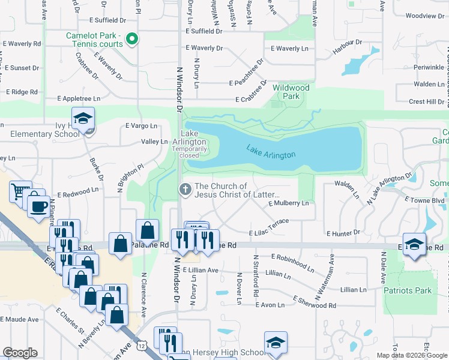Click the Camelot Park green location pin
coord(134,41)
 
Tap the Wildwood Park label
coord(291,92)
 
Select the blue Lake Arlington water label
coord(271,151)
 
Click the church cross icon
coord(185,190)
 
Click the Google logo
coord(20,353)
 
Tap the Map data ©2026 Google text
coord(411,355)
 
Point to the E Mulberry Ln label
coord(289,203)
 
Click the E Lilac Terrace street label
coord(270,222)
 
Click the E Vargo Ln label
coord(142,125)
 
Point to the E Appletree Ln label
coord(79,98)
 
